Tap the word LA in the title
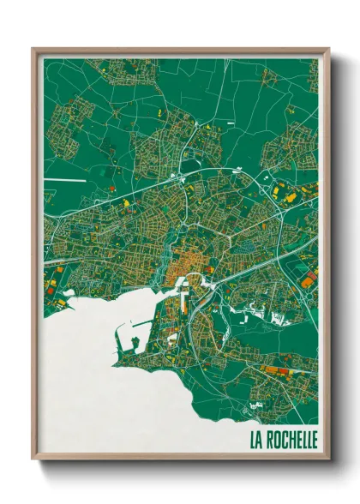click(x=257, y=441)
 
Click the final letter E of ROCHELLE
click(x=314, y=441)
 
